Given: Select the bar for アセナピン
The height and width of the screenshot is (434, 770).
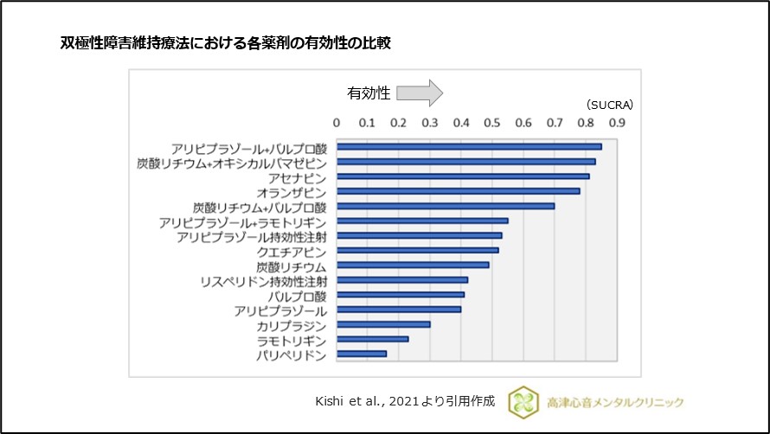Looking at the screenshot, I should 463,176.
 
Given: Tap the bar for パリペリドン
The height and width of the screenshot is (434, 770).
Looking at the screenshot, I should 362,354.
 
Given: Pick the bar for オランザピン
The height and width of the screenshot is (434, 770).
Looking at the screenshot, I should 458,191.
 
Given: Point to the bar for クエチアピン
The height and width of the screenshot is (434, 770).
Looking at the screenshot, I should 417,250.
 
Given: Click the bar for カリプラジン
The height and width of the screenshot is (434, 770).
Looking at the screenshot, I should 383,324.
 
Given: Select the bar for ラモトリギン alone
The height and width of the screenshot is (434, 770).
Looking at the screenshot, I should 372,339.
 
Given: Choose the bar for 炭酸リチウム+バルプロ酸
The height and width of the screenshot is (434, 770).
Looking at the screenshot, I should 446,206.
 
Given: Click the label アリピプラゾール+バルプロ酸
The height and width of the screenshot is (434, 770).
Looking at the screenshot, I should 248,147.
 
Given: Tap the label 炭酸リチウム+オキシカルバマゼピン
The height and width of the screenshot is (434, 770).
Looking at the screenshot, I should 232,162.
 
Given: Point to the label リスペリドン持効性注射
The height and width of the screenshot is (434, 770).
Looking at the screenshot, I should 263,281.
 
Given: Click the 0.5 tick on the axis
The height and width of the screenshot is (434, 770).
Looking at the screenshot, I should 492,123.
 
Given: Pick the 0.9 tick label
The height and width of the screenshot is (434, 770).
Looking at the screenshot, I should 617,123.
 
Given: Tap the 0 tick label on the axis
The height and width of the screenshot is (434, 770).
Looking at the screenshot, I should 337,123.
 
